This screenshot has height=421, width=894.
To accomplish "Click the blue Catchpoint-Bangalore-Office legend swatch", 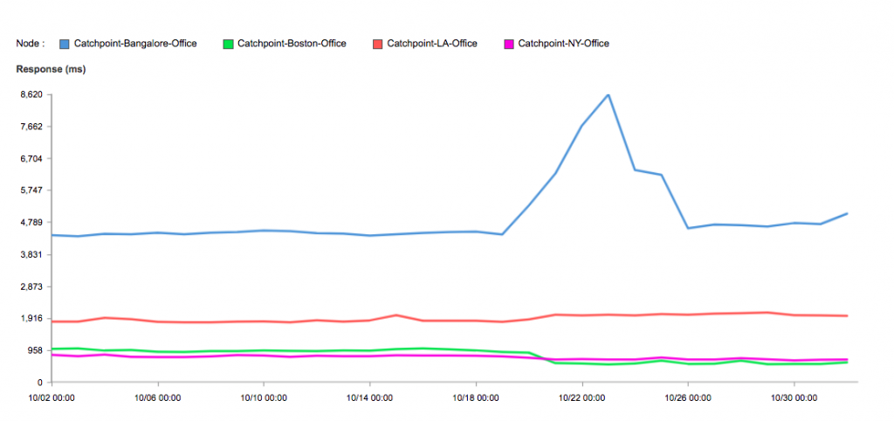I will tap(65, 43).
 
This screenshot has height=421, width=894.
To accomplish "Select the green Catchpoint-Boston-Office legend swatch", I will tap(229, 43).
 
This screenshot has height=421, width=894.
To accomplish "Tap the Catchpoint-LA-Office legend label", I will tap(431, 43).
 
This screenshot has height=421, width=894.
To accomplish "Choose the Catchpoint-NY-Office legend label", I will tap(563, 43).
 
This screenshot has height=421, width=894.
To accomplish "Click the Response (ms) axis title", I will tap(51, 68).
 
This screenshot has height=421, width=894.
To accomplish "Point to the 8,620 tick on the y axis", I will tap(30, 94).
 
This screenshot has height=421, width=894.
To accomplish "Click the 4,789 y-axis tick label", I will tap(30, 222).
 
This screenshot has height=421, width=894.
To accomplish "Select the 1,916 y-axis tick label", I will tap(30, 318).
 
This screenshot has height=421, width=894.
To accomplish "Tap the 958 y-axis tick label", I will tap(33, 350).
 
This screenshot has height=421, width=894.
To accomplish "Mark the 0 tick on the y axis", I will tap(39, 383).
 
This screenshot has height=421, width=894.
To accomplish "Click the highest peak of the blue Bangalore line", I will tap(609, 94).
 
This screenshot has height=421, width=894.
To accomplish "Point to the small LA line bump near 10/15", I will tap(396, 315).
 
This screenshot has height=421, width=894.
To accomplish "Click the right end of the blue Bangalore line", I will tap(847, 213).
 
